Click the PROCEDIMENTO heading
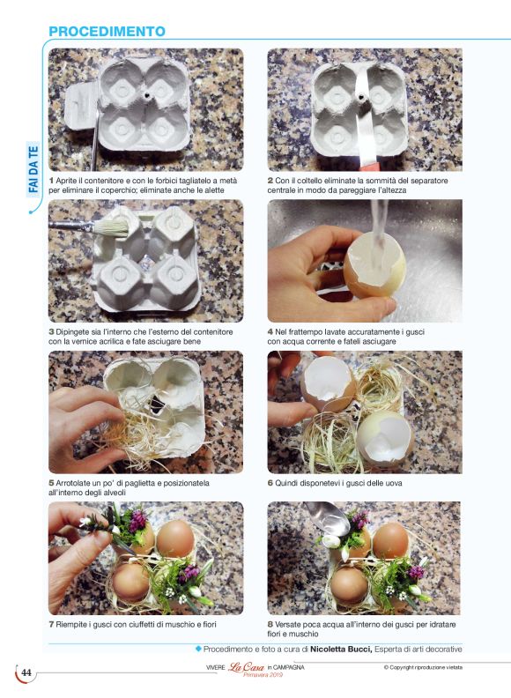(x=107, y=32)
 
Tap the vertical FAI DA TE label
(x=33, y=169)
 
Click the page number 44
(x=26, y=672)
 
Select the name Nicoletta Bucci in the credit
(x=341, y=650)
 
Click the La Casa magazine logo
(x=246, y=667)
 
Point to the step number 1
(x=51, y=181)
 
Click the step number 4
(x=270, y=332)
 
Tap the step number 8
(x=270, y=625)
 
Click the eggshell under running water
(x=374, y=265)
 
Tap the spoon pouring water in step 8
(x=326, y=518)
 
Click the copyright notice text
(x=423, y=667)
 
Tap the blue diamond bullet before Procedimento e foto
(x=198, y=649)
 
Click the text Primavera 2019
(x=263, y=675)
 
